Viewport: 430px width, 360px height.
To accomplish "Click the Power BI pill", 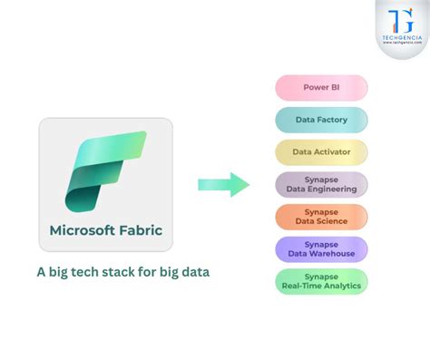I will point(321,88).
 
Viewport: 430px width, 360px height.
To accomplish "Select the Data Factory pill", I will point(321,120).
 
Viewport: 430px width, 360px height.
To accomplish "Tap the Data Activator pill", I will point(321,151).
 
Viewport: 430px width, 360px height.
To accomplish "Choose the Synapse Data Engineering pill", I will point(321,184).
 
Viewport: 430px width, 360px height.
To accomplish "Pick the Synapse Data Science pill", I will point(321,217).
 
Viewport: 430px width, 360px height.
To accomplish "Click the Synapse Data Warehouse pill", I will point(321,249).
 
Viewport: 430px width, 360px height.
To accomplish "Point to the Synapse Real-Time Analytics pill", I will point(321,281).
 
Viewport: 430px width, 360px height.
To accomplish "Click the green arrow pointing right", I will point(223,184).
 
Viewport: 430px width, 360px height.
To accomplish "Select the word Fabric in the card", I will point(142,230).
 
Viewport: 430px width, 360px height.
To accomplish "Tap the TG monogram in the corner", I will point(400,20).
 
